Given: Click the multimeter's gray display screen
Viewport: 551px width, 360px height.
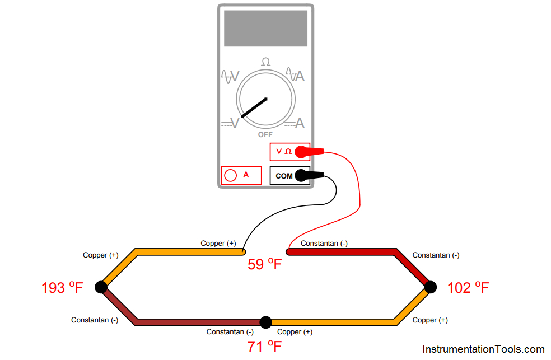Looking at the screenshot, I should click(265, 28).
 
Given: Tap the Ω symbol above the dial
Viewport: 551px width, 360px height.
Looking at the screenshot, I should click(265, 62).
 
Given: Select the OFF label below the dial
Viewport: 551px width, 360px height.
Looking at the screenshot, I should click(265, 135).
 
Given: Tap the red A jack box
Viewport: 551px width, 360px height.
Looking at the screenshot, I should click(241, 175).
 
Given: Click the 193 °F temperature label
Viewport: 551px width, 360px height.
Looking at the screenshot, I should click(62, 288).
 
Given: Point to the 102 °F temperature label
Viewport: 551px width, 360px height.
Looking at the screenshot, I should click(468, 288).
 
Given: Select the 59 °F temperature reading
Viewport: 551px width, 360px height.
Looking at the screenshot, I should click(264, 264).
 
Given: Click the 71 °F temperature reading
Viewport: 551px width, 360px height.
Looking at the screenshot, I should click(264, 346).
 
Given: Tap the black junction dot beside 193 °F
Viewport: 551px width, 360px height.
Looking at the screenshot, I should click(101, 287).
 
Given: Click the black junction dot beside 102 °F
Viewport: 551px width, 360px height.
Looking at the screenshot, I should click(430, 287).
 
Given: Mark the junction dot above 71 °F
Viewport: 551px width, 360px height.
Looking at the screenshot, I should click(266, 322).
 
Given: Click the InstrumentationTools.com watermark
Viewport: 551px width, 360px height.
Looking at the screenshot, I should click(483, 349).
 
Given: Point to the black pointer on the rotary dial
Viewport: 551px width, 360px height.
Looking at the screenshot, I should click(254, 107).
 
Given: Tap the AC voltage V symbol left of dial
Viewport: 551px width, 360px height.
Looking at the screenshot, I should click(230, 76).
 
